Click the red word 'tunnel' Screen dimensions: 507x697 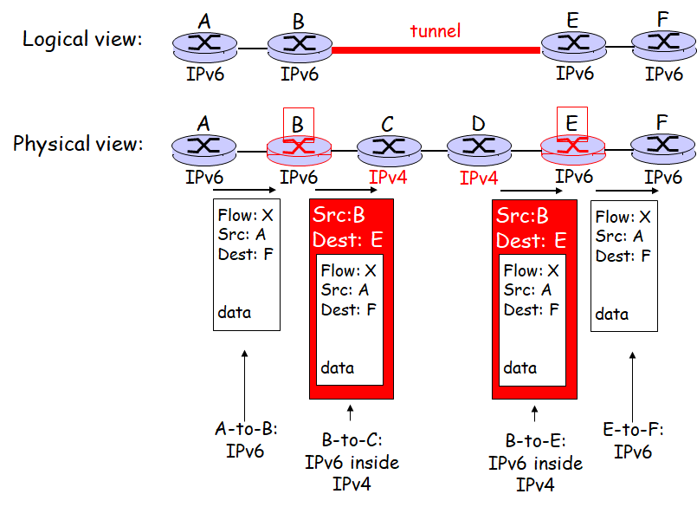click(x=435, y=31)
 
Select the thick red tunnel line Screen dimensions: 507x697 click(x=435, y=49)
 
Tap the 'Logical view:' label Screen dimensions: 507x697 click(x=82, y=39)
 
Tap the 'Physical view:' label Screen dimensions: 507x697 click(x=77, y=144)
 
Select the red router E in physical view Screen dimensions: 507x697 click(x=571, y=149)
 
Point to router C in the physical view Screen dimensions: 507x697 click(x=388, y=149)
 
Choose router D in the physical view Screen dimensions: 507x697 click(x=478, y=149)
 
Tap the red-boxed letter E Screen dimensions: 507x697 click(x=571, y=124)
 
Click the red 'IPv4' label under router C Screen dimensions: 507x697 click(x=388, y=178)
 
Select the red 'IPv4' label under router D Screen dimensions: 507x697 click(x=479, y=179)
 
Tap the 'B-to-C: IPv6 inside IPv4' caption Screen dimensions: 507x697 click(x=352, y=462)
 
